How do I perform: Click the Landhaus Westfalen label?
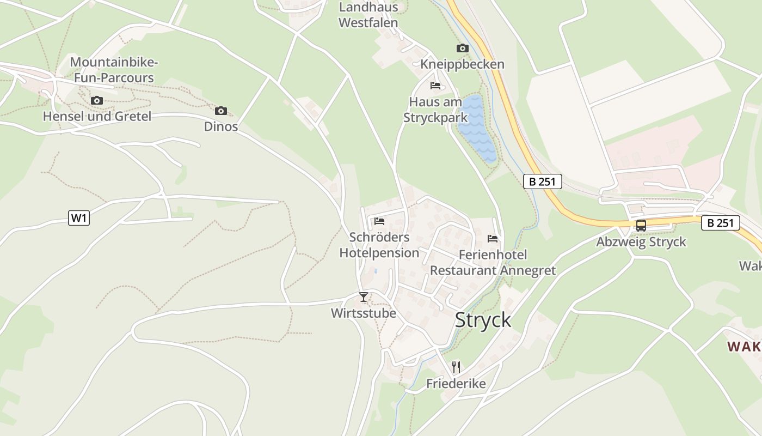[x=368, y=15]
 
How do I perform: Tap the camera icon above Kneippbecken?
[x=462, y=49]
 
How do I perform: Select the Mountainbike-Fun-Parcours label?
[x=114, y=70]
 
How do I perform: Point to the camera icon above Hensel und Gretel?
[x=97, y=100]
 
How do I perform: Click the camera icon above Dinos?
[x=221, y=111]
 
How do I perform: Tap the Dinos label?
[x=221, y=126]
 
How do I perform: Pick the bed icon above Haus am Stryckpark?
[x=435, y=86]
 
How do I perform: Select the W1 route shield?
[x=79, y=218]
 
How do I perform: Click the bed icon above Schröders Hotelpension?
[x=379, y=221]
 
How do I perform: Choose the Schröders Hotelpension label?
[x=379, y=245]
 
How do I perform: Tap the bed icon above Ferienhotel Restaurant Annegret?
[x=493, y=239]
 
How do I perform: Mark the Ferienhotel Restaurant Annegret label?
[x=493, y=263]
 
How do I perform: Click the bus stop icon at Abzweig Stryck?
[x=641, y=226]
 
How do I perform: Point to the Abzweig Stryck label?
[x=641, y=242]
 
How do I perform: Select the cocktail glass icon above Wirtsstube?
[x=364, y=297]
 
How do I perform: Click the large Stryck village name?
[x=483, y=320]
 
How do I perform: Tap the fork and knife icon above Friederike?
[x=456, y=367]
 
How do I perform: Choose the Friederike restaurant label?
[x=456, y=384]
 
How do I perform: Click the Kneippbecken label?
[x=462, y=64]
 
